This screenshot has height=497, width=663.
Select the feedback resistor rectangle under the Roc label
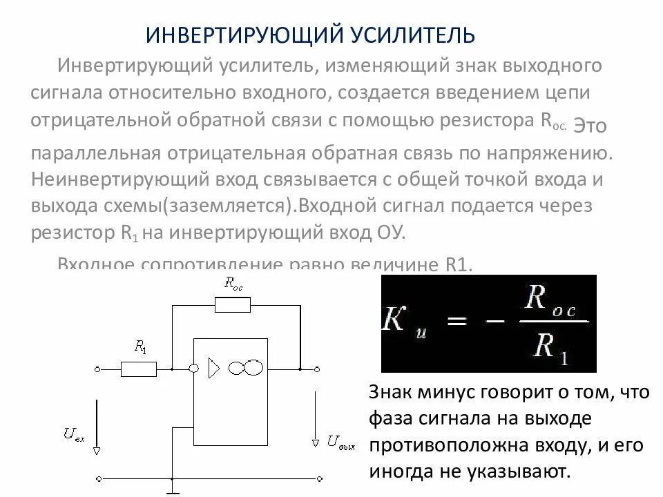232,305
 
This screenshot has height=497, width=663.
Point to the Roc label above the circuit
233,282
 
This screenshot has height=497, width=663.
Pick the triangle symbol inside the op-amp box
213,369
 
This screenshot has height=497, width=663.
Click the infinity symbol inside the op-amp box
246,369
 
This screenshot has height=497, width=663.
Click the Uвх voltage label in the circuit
73,434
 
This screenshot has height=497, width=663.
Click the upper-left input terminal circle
98,369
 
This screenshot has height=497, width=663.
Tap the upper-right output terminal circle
320,369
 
